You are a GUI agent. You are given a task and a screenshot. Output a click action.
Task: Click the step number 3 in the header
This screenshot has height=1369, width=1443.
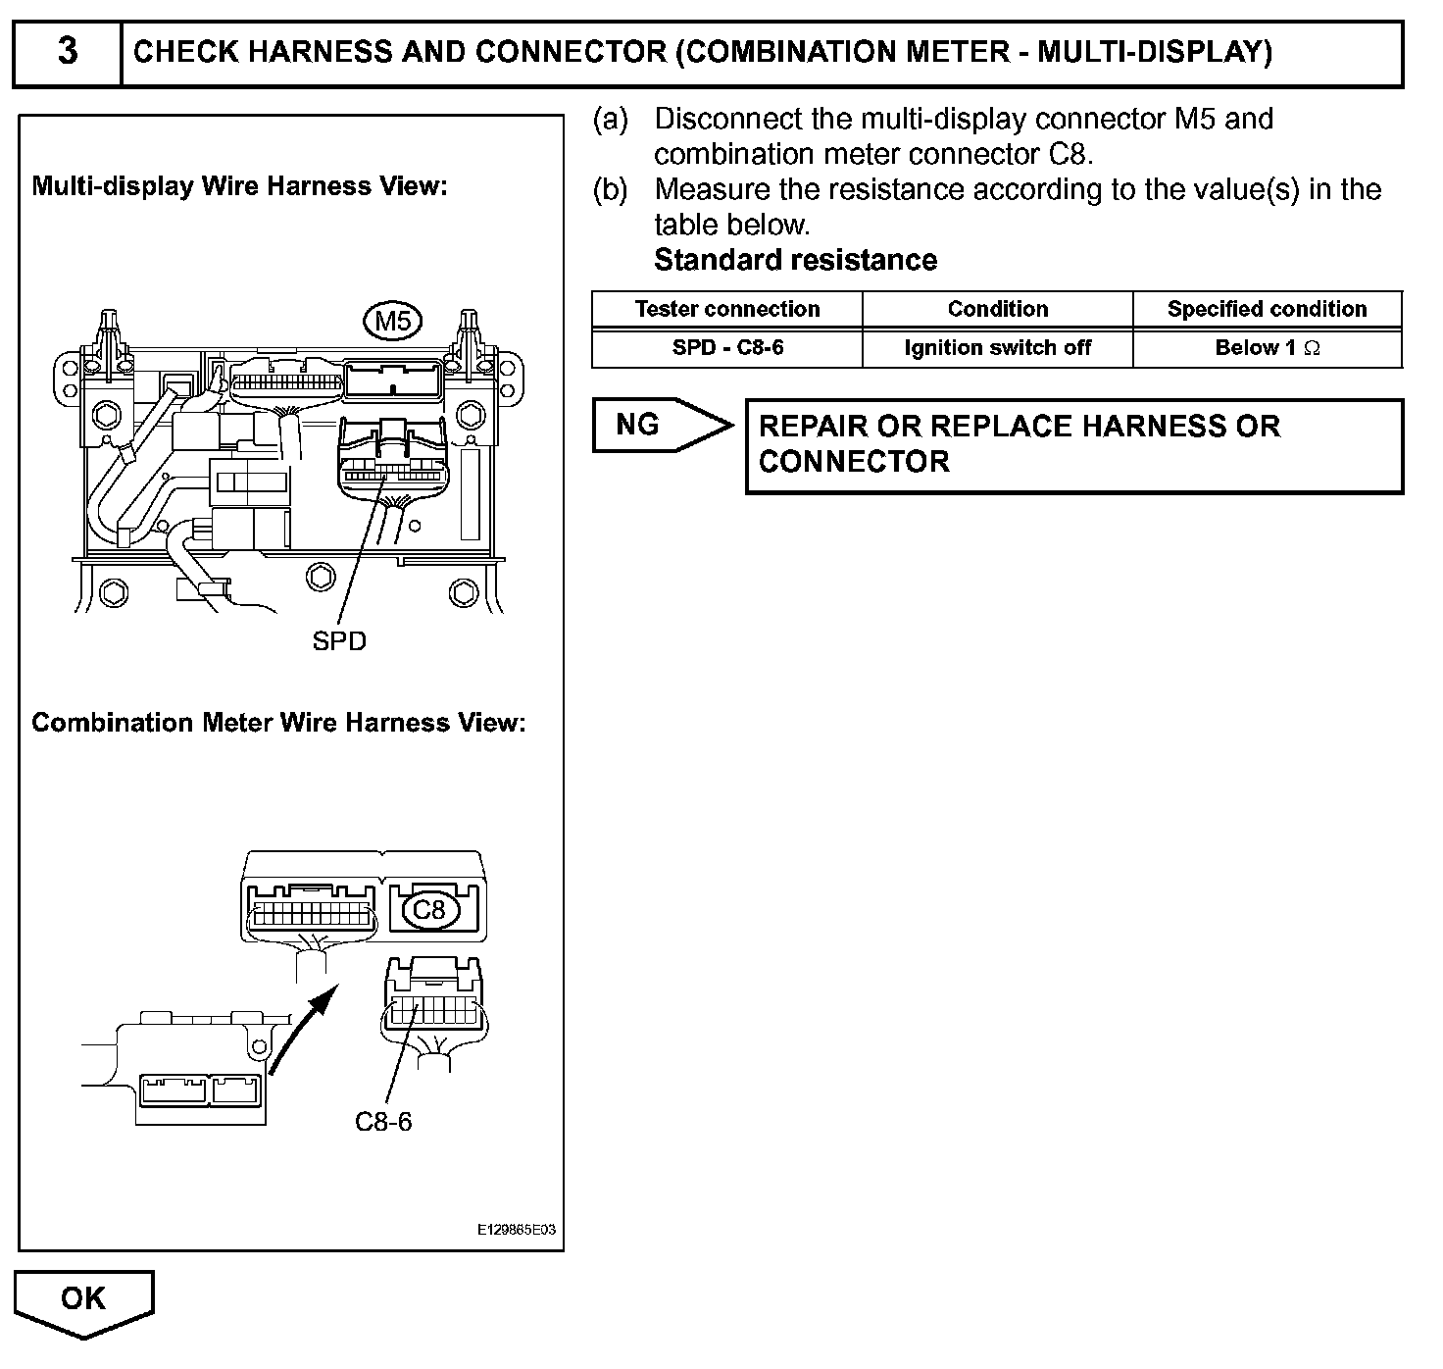point(67,51)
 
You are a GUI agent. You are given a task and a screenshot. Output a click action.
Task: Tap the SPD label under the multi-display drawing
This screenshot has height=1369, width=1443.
point(339,641)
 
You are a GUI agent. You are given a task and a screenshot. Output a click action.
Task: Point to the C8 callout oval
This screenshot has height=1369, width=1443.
point(429,910)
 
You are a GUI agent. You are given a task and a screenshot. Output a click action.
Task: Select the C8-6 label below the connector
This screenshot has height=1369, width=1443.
point(383,1121)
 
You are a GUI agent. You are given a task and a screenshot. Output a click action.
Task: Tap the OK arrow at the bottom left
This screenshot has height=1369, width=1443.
point(84,1300)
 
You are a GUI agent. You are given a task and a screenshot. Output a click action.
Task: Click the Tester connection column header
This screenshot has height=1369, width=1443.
point(727,309)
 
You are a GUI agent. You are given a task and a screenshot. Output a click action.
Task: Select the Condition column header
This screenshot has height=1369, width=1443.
point(998,309)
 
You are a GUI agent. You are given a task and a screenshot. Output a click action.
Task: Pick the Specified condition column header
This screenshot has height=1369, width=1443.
point(1267,309)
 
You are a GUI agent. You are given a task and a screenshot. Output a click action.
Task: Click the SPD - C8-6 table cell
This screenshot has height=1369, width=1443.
point(727,347)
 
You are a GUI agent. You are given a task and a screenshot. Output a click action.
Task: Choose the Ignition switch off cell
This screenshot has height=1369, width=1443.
point(998,347)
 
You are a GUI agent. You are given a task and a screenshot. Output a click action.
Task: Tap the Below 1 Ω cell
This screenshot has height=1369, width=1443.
point(1267,347)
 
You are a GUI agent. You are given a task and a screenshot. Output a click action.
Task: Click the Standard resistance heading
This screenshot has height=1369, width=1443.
point(795,260)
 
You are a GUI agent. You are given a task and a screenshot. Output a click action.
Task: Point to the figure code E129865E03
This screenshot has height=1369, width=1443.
point(517,1230)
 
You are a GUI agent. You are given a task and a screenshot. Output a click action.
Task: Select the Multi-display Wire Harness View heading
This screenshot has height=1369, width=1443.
point(239,186)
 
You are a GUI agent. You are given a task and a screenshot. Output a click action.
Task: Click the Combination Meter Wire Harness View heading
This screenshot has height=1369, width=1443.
point(278,723)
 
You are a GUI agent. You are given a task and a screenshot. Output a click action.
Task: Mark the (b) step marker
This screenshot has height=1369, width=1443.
point(610,189)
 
